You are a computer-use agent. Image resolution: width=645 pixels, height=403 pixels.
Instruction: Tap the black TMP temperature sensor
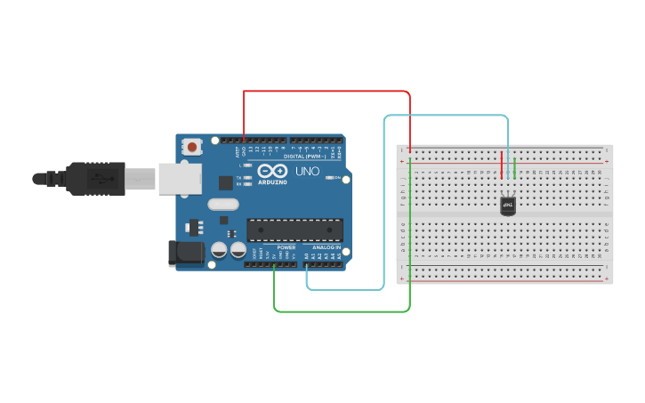coord(508,206)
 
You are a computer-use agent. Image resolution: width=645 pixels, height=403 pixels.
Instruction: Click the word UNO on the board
coord(306,171)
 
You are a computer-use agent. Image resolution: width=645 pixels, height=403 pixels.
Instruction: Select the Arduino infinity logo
coord(271,170)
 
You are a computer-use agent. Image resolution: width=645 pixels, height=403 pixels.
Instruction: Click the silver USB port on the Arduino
coord(181,178)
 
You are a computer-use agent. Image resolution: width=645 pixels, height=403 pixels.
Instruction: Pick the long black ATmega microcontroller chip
coord(294,230)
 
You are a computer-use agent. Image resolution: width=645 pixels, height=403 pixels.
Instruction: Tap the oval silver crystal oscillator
coord(224,204)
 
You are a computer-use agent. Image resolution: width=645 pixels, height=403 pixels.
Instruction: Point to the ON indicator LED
coord(333,178)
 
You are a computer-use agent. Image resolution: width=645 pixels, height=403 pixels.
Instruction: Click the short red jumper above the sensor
coord(502,165)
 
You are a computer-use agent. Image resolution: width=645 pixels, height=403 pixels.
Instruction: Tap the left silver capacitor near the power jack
coord(219,250)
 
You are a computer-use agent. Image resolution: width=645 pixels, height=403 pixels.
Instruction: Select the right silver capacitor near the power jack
coord(238,250)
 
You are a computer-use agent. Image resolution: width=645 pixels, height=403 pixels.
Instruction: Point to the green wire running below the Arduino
coord(343,311)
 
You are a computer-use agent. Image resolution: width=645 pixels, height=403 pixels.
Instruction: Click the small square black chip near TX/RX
coord(225,182)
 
